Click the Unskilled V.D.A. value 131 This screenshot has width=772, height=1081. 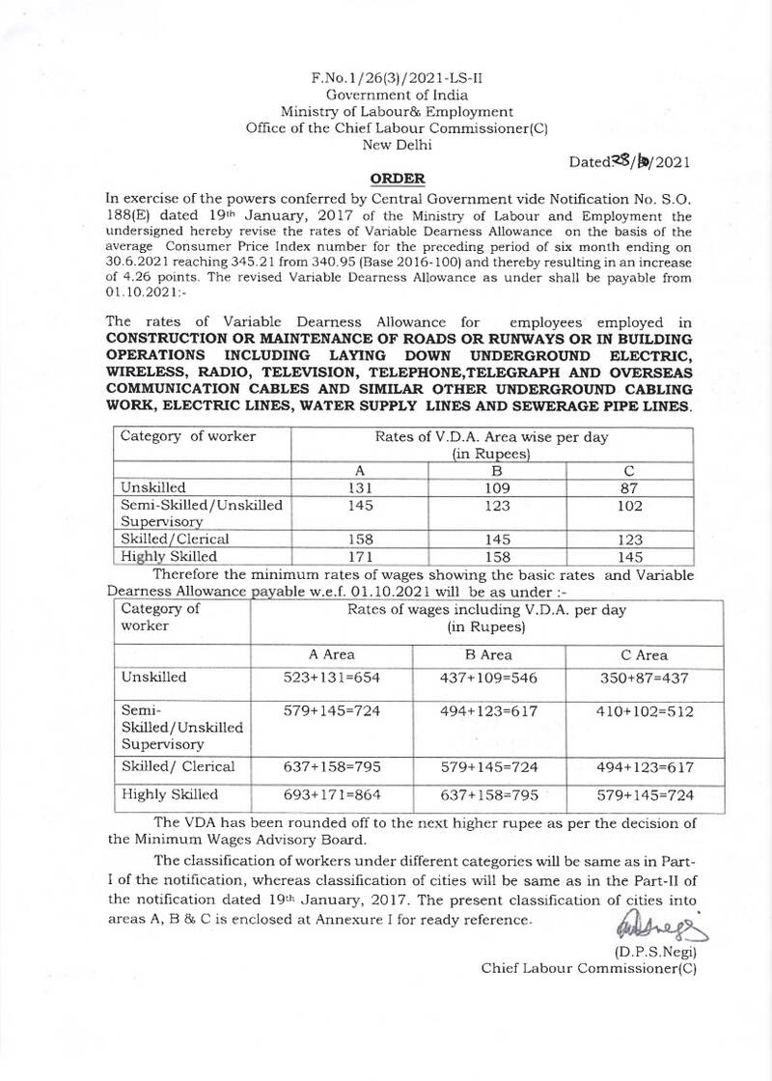coord(333,488)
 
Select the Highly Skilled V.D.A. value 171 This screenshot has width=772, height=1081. coord(333,556)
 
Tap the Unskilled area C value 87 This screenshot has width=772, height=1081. coord(629,488)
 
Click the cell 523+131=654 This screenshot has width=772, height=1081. coord(331,678)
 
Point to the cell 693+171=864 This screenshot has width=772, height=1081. coord(331,795)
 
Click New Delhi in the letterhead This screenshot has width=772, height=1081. coord(384,144)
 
